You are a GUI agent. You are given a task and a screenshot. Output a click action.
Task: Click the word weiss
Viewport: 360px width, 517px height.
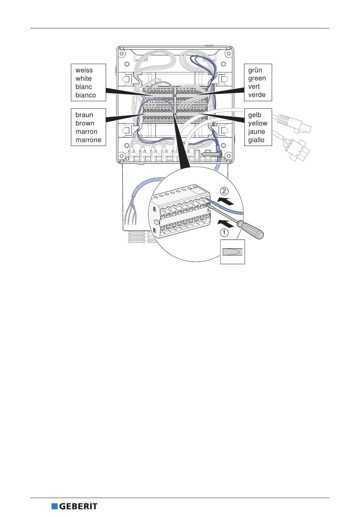click(84, 70)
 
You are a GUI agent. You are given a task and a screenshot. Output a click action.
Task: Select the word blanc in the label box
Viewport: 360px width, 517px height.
click(83, 87)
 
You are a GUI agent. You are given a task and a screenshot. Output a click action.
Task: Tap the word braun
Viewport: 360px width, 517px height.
click(84, 115)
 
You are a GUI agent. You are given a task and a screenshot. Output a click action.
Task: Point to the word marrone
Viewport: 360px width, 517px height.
click(88, 140)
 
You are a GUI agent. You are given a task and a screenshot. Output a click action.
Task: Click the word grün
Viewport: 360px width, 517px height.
click(255, 70)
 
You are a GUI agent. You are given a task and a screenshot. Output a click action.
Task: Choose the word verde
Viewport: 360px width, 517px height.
click(257, 95)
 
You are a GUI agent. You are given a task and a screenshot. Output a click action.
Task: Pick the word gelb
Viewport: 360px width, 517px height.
click(255, 115)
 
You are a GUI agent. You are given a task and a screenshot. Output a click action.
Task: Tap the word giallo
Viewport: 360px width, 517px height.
click(256, 140)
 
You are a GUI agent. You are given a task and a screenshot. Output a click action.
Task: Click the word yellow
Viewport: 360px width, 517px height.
click(258, 123)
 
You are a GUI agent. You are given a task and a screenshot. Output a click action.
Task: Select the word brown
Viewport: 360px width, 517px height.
click(85, 123)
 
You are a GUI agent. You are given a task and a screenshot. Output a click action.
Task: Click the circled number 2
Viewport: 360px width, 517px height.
click(224, 191)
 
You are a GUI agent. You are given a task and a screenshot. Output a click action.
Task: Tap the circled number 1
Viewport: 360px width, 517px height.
click(224, 232)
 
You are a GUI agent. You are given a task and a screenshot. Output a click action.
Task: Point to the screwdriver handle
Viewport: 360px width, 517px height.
click(251, 229)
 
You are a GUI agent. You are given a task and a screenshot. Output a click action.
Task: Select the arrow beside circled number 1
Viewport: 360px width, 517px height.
click(229, 222)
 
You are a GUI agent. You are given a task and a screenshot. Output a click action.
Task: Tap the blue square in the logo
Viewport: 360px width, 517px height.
click(55, 506)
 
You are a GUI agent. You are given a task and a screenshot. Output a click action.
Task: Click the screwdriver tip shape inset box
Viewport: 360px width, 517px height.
click(232, 252)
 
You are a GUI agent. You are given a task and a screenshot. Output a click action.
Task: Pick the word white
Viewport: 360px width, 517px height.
click(83, 78)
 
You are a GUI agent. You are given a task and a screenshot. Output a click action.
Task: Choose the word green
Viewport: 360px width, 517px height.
click(257, 78)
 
